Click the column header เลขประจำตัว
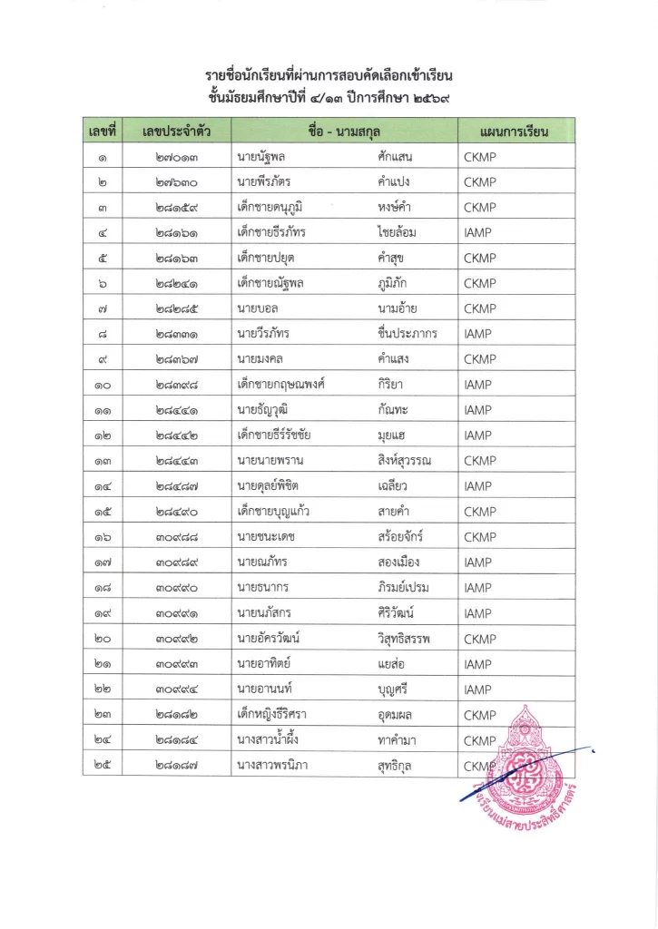click(x=177, y=132)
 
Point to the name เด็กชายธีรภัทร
click(x=271, y=232)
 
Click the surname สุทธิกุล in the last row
click(x=397, y=767)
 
